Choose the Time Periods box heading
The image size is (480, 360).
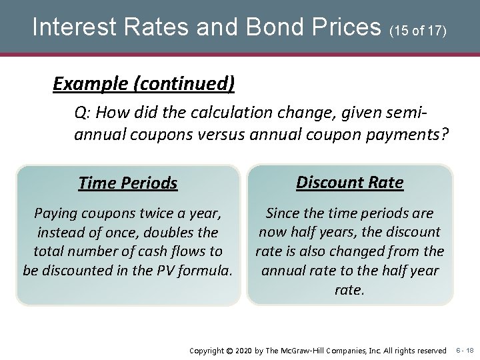pyautogui.click(x=127, y=183)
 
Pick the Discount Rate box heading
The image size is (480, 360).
pyautogui.click(x=349, y=182)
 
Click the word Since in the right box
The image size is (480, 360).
pyautogui.click(x=284, y=213)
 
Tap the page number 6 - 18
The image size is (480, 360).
pyautogui.click(x=465, y=350)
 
